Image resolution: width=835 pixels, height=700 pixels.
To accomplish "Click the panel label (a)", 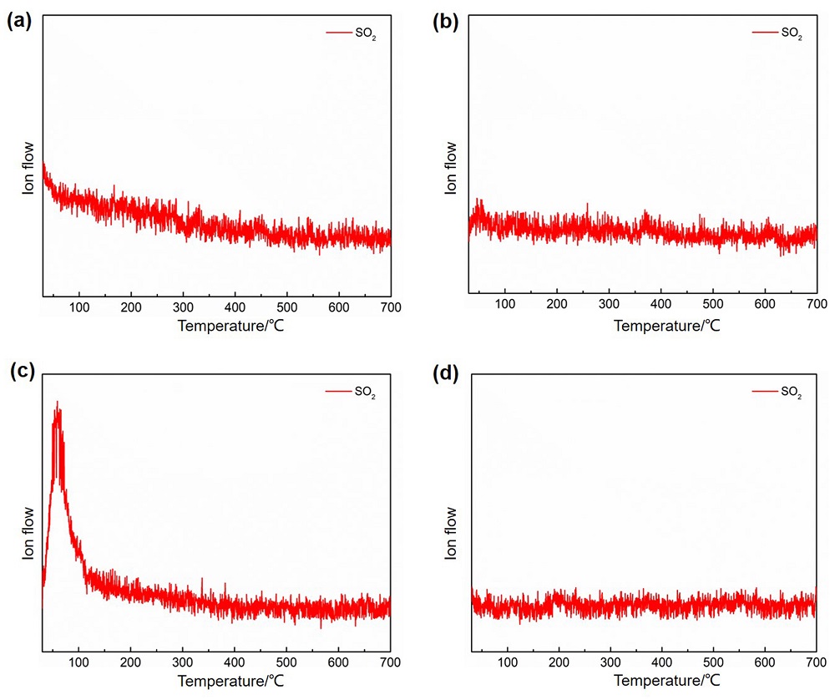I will (x=18, y=23).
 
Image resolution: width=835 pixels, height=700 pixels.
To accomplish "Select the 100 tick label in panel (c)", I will (x=78, y=663).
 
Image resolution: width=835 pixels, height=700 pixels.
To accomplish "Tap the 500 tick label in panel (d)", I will (x=712, y=663).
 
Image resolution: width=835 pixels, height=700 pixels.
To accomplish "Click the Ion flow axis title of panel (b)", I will (x=451, y=167).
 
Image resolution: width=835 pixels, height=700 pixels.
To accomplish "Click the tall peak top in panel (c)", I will (x=57, y=405).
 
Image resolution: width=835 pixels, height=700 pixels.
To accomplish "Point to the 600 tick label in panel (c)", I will (x=338, y=663).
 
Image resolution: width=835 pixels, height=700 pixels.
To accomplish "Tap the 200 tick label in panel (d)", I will (x=558, y=663).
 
